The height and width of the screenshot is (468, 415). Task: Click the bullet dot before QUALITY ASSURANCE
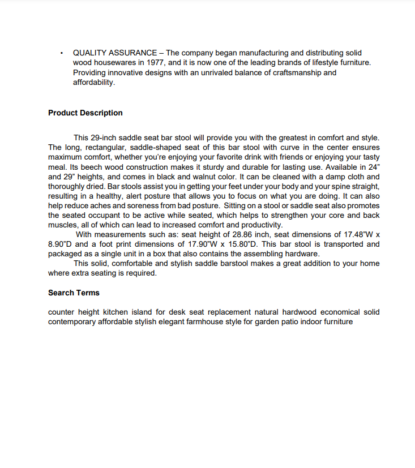[x=61, y=53]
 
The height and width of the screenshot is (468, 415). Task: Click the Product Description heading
[x=85, y=113]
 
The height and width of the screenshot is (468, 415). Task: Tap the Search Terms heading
[x=74, y=293]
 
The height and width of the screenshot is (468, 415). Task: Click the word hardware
[x=301, y=254]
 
